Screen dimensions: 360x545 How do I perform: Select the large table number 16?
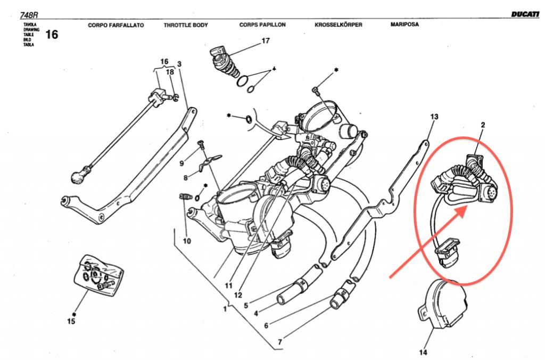click(52, 35)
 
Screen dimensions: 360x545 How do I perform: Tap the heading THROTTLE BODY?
click(186, 25)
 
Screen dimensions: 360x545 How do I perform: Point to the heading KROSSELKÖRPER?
click(338, 25)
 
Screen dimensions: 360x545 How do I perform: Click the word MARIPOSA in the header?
click(404, 24)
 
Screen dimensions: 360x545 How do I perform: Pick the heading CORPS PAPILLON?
click(262, 25)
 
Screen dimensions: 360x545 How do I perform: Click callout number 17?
click(266, 41)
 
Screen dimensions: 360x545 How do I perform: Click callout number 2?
click(483, 125)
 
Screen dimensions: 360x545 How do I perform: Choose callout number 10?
click(187, 241)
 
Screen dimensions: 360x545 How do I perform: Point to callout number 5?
click(246, 305)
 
